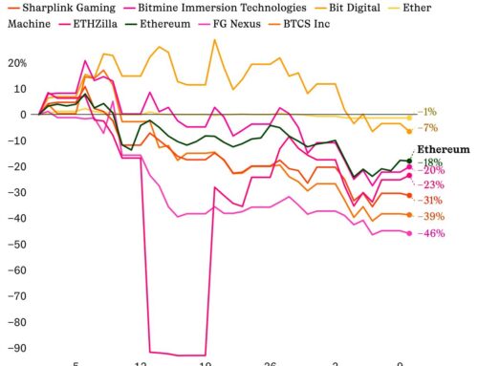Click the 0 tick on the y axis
[x=22, y=115]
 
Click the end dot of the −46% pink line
[x=409, y=233]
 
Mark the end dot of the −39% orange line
[x=409, y=214]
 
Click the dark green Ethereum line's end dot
[x=409, y=161]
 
